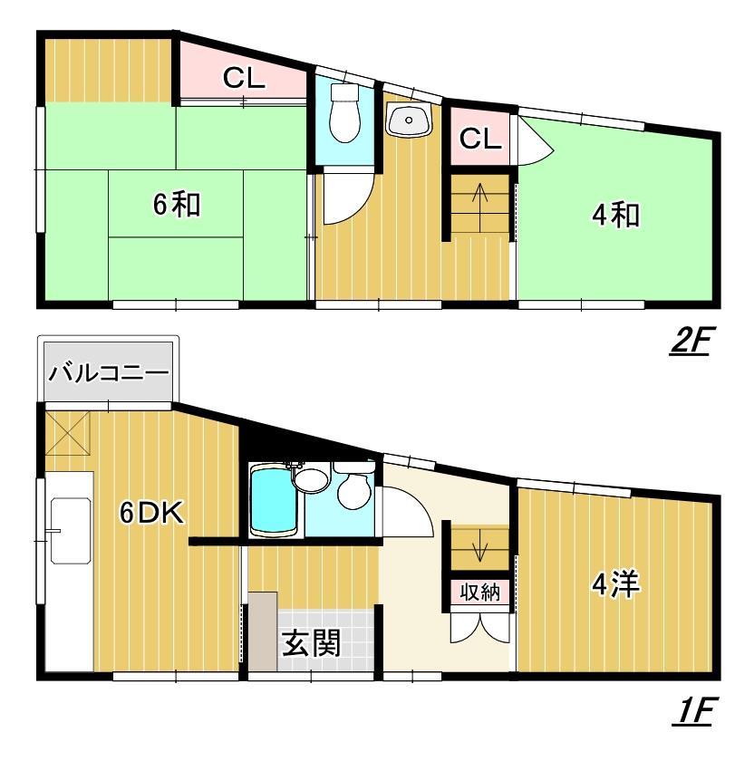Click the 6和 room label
point(176,206)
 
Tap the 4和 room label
point(616,216)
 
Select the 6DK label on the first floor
point(153,513)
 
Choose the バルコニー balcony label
point(108,372)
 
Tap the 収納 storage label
point(479,592)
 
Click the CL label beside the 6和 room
point(244,79)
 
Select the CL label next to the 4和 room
point(478,138)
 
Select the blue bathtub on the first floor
point(275,501)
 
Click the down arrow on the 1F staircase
point(480,549)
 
